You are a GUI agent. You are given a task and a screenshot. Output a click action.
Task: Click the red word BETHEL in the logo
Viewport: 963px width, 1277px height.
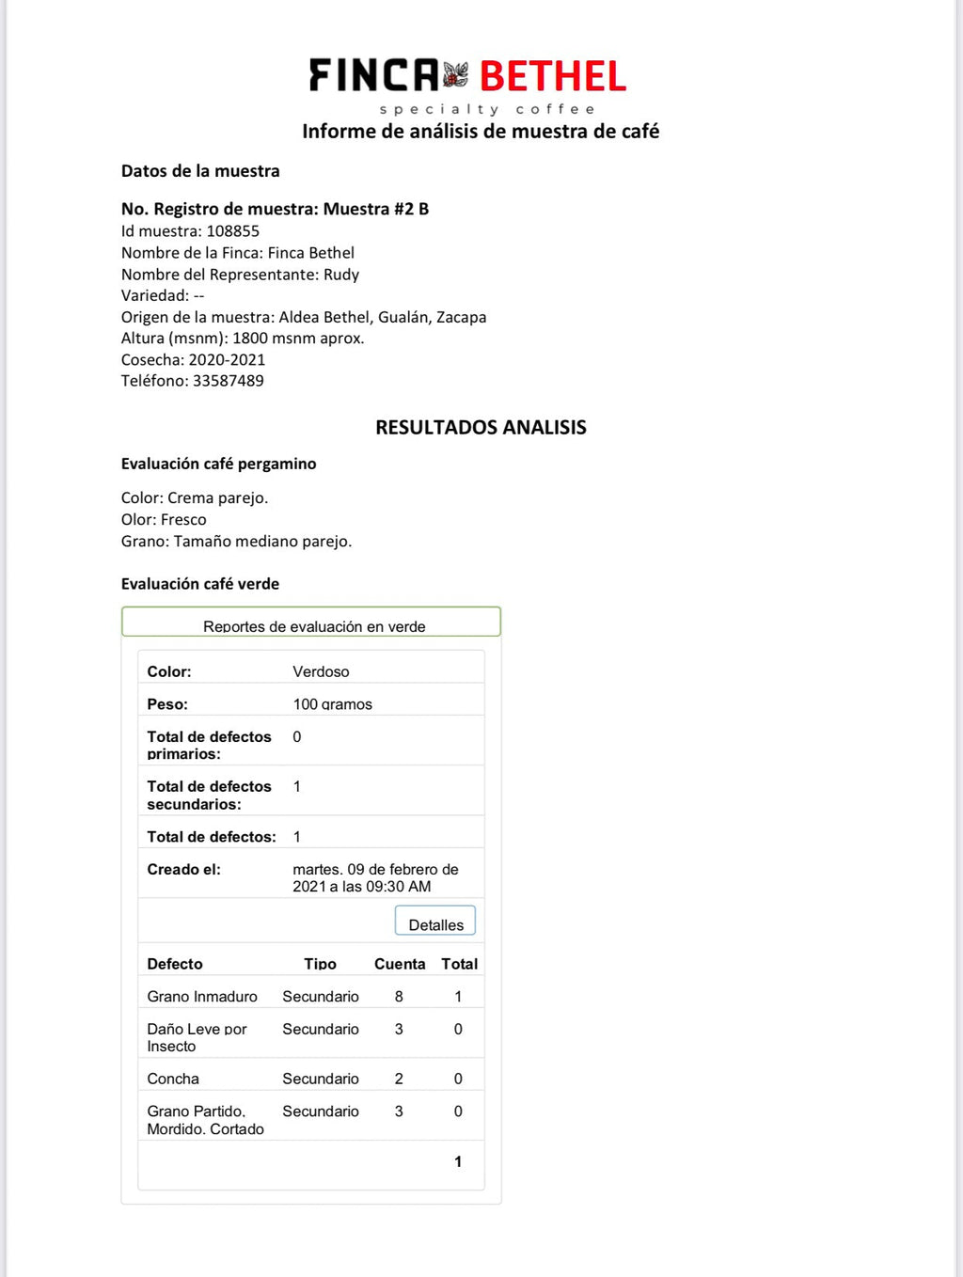[x=553, y=76]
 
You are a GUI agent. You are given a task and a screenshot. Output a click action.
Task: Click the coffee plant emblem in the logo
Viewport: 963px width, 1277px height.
[x=456, y=75]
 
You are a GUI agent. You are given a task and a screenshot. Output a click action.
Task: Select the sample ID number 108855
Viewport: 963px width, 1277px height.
[x=232, y=231]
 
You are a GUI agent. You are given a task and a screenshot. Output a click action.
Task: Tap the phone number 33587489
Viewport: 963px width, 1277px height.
[x=229, y=381]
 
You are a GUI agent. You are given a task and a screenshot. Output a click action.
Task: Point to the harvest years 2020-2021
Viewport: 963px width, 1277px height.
[x=227, y=360]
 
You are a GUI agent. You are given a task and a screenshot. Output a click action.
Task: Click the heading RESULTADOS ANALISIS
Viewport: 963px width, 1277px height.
[x=481, y=428]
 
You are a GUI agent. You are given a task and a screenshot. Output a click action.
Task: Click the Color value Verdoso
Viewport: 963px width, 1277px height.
[x=321, y=671]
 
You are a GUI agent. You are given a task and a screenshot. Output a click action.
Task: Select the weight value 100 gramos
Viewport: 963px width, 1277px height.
[x=332, y=704]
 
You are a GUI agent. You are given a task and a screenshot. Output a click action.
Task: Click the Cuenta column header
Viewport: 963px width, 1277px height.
[x=400, y=964]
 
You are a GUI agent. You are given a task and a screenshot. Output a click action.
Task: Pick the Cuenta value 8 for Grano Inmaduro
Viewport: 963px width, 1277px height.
[x=399, y=997]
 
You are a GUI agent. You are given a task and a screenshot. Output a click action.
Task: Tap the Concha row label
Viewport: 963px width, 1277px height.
[x=173, y=1079]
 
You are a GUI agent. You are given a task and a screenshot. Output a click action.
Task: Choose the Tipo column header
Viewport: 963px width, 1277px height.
[x=320, y=964]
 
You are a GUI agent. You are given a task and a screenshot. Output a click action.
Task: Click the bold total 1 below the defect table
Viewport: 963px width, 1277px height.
[x=458, y=1161]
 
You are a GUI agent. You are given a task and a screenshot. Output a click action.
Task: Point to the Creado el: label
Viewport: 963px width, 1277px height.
[x=183, y=870]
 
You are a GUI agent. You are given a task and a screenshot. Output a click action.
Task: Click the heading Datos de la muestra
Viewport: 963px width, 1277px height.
[x=200, y=171]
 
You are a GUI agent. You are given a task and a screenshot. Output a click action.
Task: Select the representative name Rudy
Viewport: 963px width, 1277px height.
[x=341, y=275]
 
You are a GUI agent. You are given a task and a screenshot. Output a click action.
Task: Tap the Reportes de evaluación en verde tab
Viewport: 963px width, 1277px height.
[x=314, y=625]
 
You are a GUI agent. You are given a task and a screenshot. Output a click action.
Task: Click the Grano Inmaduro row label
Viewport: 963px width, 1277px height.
[x=202, y=997]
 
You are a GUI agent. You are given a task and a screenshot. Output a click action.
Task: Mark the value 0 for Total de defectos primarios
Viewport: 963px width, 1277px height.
[x=297, y=737]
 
